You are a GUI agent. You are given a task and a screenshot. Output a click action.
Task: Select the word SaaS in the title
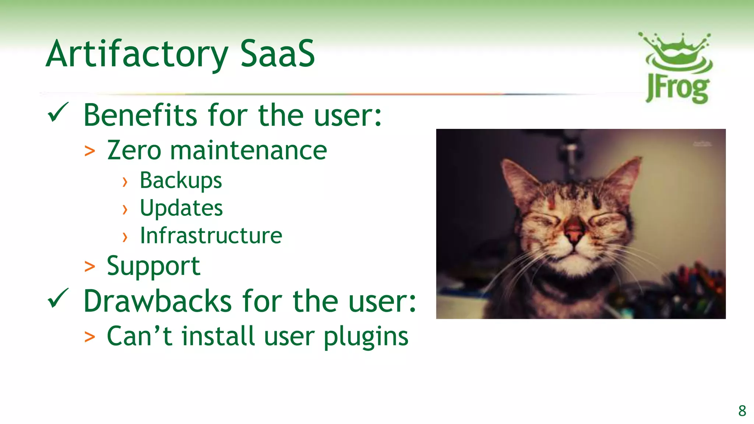(278, 54)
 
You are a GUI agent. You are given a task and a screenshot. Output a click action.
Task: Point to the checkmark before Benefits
(58, 113)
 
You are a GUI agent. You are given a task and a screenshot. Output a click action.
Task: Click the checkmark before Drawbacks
(58, 298)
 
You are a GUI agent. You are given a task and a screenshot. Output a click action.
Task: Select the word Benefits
(140, 115)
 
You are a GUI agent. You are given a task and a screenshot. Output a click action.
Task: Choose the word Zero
(134, 151)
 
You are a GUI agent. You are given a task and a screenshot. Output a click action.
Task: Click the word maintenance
(249, 151)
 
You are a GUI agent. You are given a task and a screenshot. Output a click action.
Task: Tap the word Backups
(181, 181)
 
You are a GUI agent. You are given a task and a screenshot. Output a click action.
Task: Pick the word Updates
(181, 208)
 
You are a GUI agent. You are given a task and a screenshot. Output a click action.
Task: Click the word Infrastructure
(211, 236)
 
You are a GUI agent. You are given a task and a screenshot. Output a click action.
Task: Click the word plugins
(366, 337)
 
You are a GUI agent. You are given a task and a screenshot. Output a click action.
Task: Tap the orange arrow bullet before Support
(89, 267)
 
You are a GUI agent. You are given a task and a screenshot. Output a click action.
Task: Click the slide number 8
(742, 411)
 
